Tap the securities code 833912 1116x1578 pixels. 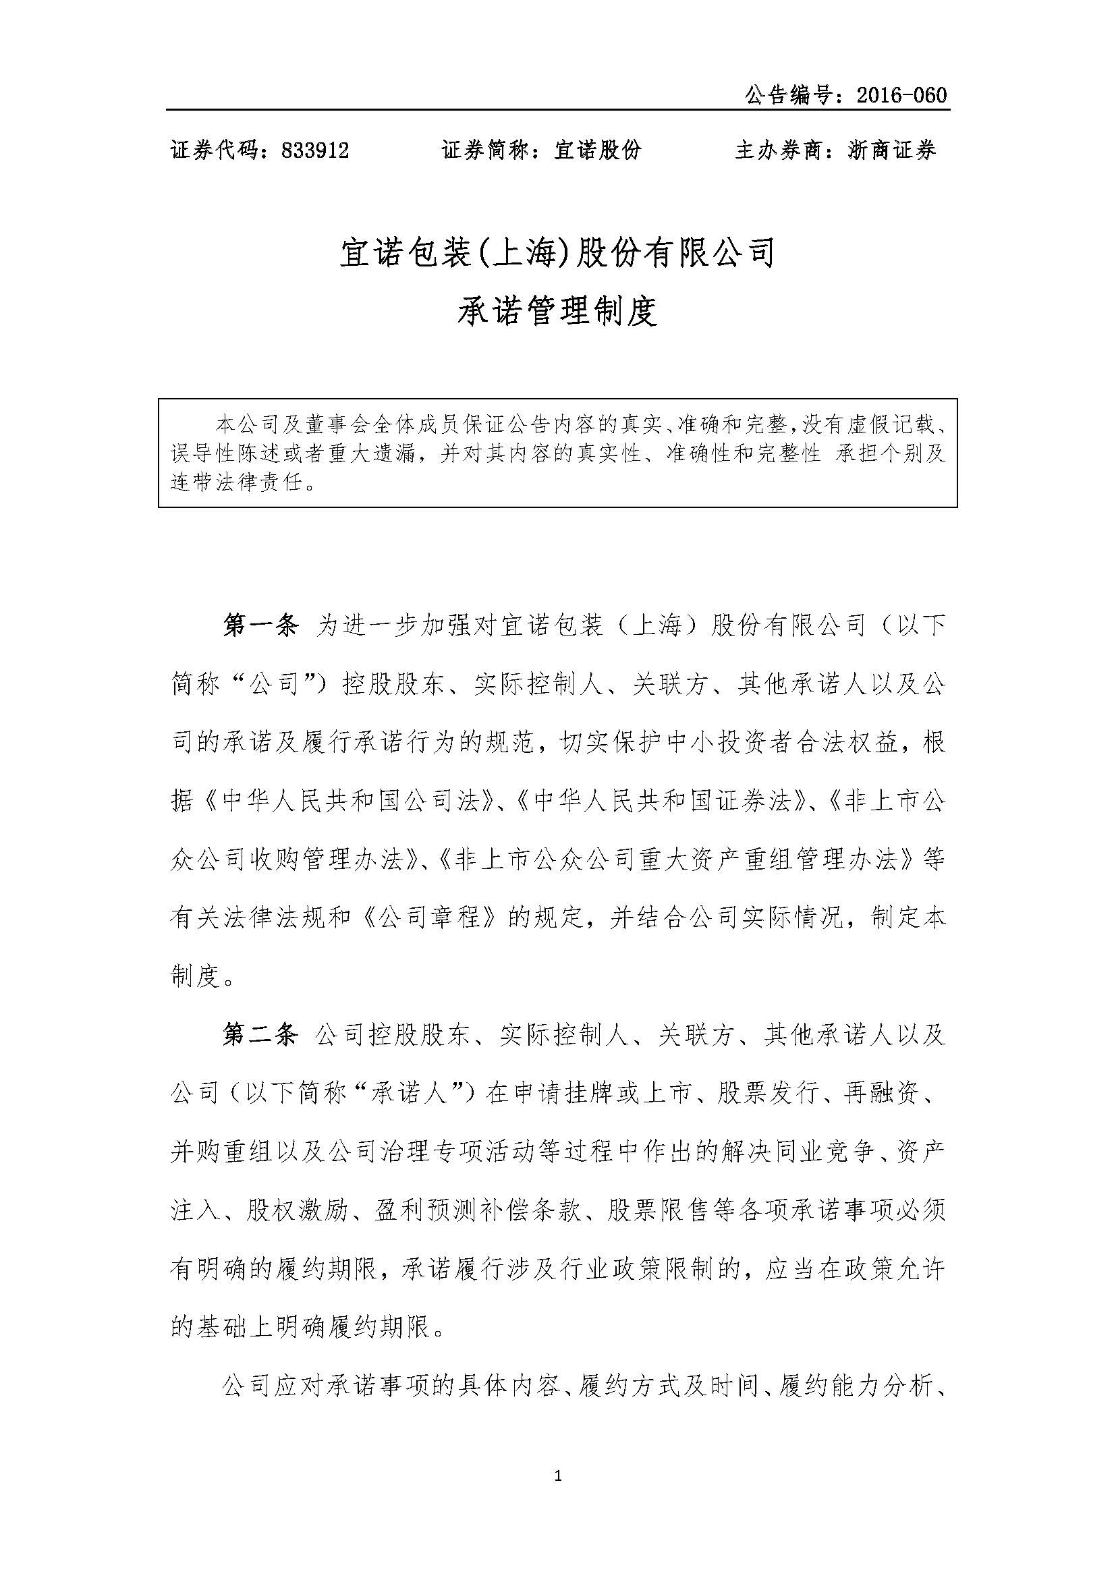315,150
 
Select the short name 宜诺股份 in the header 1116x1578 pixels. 597,150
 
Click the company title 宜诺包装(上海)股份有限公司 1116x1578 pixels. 557,253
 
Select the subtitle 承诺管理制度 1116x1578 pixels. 557,310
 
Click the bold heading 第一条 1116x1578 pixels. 260,626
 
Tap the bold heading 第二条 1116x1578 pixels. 260,1035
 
